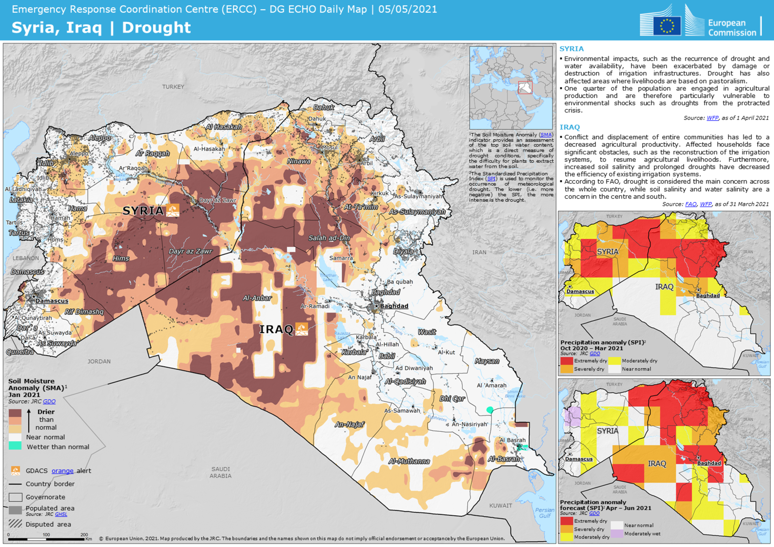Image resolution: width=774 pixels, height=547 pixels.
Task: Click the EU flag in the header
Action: (x=667, y=26)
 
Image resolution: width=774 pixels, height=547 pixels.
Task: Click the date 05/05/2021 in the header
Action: (x=408, y=9)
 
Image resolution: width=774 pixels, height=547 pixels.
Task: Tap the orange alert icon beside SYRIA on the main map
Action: (x=173, y=210)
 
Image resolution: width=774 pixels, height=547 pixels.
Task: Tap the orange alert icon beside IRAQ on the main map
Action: (x=301, y=329)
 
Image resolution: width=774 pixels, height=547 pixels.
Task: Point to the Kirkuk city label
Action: (x=380, y=193)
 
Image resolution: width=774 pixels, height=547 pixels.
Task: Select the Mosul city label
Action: (x=329, y=147)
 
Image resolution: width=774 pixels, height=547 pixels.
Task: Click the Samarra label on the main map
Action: (x=341, y=258)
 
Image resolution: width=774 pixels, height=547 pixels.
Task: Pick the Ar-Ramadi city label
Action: (x=315, y=306)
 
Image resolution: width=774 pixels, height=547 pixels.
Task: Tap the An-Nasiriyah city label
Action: (x=469, y=424)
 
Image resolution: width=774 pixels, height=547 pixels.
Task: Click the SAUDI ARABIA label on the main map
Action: (x=220, y=472)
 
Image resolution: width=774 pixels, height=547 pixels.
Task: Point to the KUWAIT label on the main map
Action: (x=500, y=505)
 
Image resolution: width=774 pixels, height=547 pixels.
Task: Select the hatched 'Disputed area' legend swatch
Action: (x=15, y=524)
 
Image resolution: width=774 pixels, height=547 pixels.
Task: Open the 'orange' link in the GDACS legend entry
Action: (x=62, y=471)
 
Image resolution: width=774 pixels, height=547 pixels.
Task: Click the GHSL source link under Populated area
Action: (x=61, y=514)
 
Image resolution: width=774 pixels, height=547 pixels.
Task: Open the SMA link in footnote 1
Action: (x=545, y=135)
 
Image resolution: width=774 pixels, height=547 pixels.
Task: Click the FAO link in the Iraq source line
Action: (x=690, y=204)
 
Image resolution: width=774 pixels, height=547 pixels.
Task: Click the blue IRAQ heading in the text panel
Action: (x=569, y=127)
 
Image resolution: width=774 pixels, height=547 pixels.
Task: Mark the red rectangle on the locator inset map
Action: (x=525, y=87)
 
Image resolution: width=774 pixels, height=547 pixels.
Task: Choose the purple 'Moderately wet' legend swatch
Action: (x=617, y=533)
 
